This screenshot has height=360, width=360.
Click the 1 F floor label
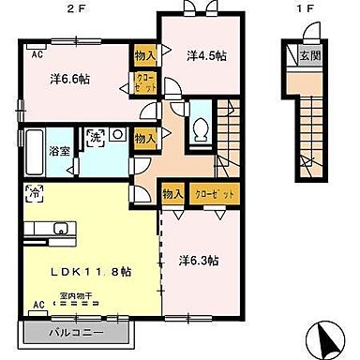300,7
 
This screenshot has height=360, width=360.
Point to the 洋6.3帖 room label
201,260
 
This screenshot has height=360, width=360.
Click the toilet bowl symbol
201,133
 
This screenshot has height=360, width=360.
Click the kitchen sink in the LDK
60,228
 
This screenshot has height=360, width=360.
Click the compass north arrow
328,337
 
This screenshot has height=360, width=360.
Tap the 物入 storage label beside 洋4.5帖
145,55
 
